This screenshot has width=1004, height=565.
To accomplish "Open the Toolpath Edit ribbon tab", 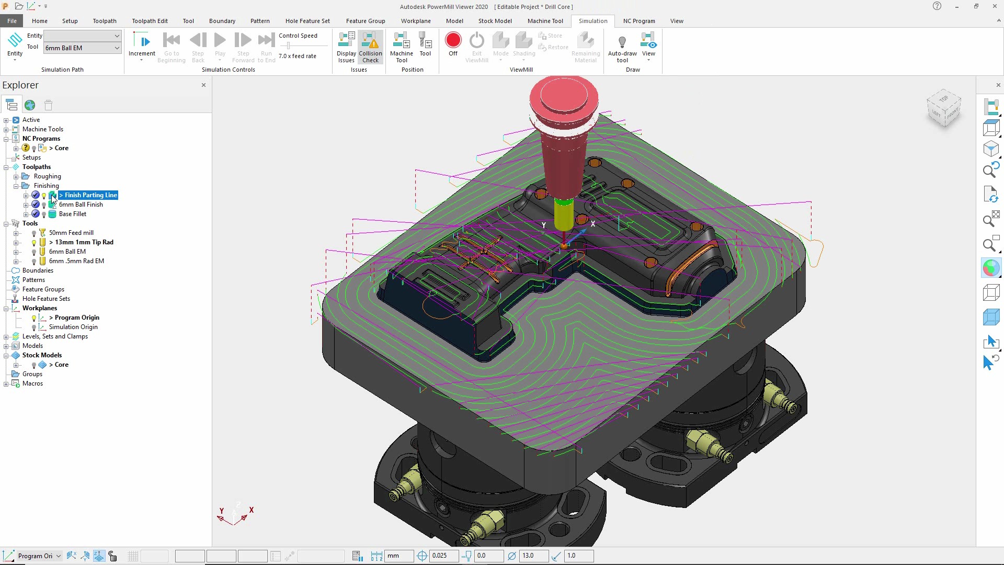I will click(x=150, y=21).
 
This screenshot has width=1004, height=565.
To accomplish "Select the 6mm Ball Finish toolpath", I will click(x=81, y=205).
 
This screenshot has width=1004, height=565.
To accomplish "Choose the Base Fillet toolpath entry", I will click(x=72, y=214).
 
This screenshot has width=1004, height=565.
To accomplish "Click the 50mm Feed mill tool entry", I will click(x=71, y=233).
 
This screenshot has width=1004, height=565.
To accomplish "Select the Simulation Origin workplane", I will click(x=73, y=327).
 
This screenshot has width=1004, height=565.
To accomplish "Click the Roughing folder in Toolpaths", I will click(x=47, y=176).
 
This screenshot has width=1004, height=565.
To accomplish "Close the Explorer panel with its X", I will click(x=203, y=85).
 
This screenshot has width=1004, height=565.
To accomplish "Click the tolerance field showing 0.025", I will click(x=443, y=556).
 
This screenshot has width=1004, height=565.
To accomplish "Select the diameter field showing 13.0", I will click(x=532, y=556).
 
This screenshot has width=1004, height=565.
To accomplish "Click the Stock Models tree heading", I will click(x=42, y=355).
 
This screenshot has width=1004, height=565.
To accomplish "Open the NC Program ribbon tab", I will click(x=638, y=21).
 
